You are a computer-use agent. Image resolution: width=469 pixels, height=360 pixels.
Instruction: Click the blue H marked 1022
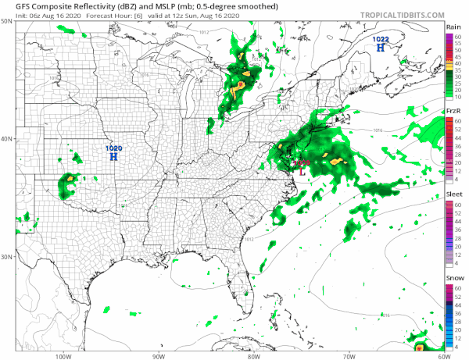coord(381,48)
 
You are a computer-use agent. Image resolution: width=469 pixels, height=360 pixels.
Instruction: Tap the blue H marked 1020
coord(114,157)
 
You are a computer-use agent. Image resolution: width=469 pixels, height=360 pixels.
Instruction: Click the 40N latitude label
coord(6,139)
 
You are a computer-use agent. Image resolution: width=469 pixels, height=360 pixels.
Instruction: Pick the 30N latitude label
coord(6,256)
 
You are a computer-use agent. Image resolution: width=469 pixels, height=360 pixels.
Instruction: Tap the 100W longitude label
coord(63,355)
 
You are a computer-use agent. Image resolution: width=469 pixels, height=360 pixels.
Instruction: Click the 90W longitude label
coord(158,355)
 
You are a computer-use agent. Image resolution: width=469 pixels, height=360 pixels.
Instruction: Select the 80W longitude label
coord(253,355)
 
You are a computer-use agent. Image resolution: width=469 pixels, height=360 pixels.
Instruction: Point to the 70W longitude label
coord(349,355)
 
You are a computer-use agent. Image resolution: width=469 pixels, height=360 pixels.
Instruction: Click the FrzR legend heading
coord(453,112)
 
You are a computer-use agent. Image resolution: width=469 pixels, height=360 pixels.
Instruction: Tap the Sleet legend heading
coord(453,195)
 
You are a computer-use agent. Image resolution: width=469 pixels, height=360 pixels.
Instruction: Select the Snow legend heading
coord(453,279)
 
